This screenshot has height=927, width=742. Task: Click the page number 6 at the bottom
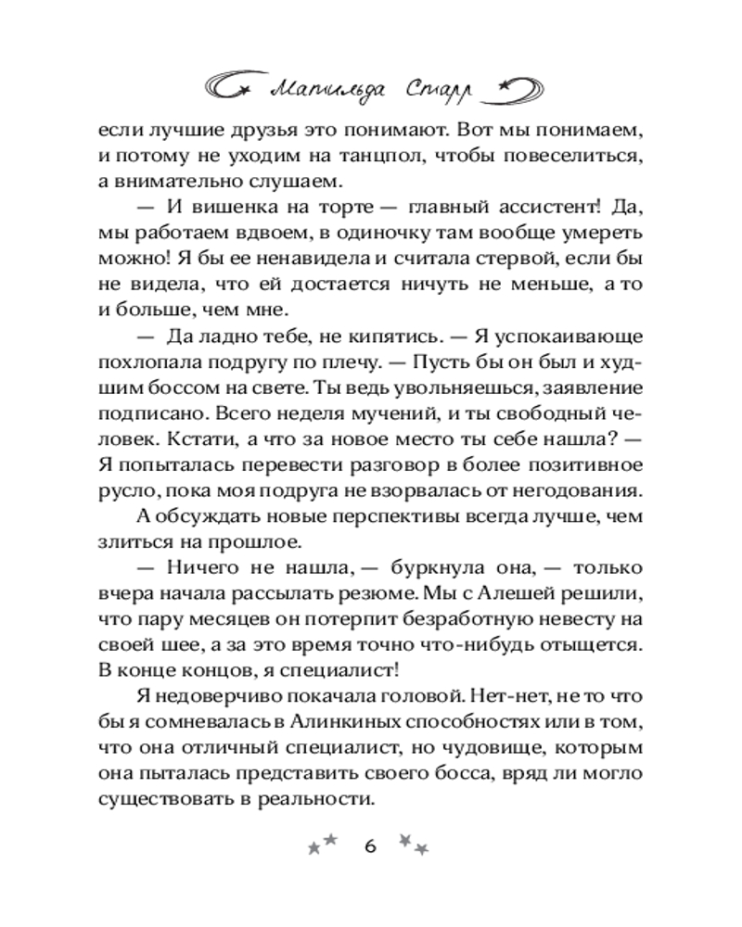click(371, 845)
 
